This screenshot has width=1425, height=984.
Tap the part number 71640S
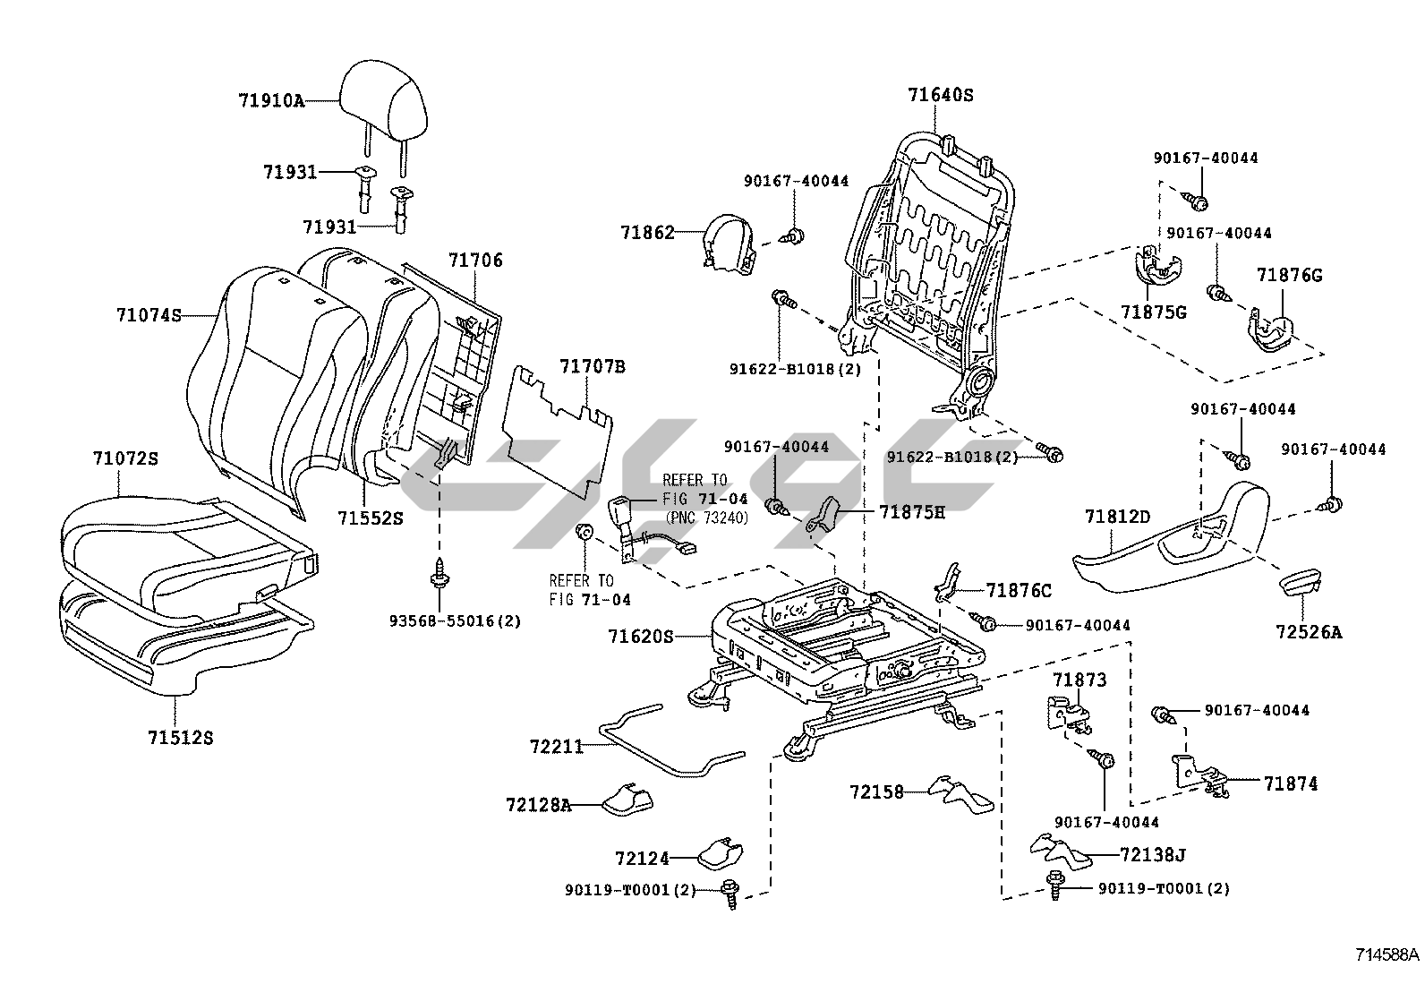940,94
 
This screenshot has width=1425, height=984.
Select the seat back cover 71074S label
149,315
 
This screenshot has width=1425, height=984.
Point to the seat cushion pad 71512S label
181,738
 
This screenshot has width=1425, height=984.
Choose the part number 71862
647,232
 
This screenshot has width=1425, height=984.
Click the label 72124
642,859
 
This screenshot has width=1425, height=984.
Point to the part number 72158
876,791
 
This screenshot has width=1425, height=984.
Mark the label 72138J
1152,855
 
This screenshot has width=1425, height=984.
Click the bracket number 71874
1291,783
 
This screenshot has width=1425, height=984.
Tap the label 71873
1079,680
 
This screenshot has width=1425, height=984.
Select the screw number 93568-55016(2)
455,620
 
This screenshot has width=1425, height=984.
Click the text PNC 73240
707,518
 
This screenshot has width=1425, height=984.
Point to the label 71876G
1289,275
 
